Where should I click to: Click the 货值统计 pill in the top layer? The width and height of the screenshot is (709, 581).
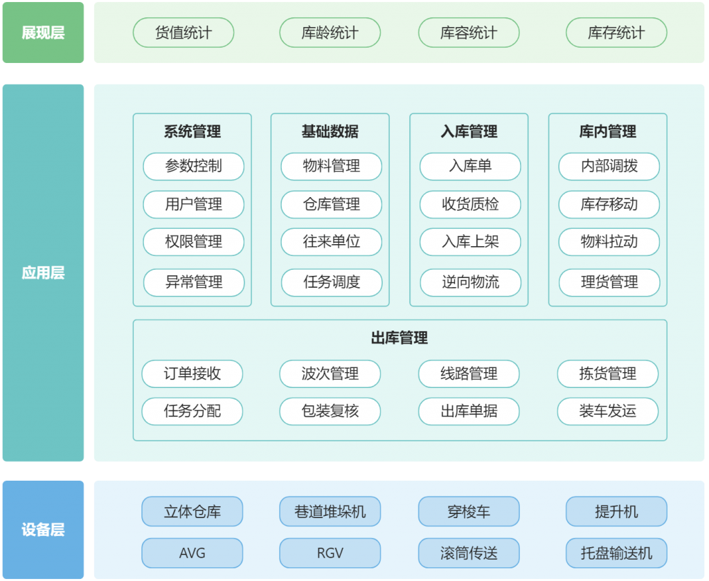(183, 33)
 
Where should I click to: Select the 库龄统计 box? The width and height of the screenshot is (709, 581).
(330, 33)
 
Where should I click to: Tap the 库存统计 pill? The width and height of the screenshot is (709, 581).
(616, 33)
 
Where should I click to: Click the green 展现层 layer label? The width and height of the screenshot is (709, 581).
(43, 33)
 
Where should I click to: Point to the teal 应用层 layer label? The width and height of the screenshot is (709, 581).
(43, 273)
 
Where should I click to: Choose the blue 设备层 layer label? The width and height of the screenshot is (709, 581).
(43, 530)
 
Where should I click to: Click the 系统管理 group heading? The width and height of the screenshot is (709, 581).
(192, 131)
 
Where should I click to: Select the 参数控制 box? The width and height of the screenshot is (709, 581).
(194, 166)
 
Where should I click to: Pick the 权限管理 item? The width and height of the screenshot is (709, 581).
(194, 241)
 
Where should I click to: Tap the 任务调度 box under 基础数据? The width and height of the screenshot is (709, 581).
(332, 282)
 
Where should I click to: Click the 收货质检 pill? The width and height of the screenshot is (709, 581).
(470, 204)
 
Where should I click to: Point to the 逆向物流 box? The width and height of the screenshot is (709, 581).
(470, 282)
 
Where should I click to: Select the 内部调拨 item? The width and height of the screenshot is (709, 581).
(609, 166)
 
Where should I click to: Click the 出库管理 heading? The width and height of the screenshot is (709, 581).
(400, 338)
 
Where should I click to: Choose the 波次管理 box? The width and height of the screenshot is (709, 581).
(330, 374)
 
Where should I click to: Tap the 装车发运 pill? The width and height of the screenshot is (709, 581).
(608, 411)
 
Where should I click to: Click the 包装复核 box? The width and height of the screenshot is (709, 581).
(330, 411)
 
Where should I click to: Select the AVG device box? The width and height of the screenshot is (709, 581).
(192, 553)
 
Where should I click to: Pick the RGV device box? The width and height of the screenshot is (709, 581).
(330, 553)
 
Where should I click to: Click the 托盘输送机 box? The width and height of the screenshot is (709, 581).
(616, 553)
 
